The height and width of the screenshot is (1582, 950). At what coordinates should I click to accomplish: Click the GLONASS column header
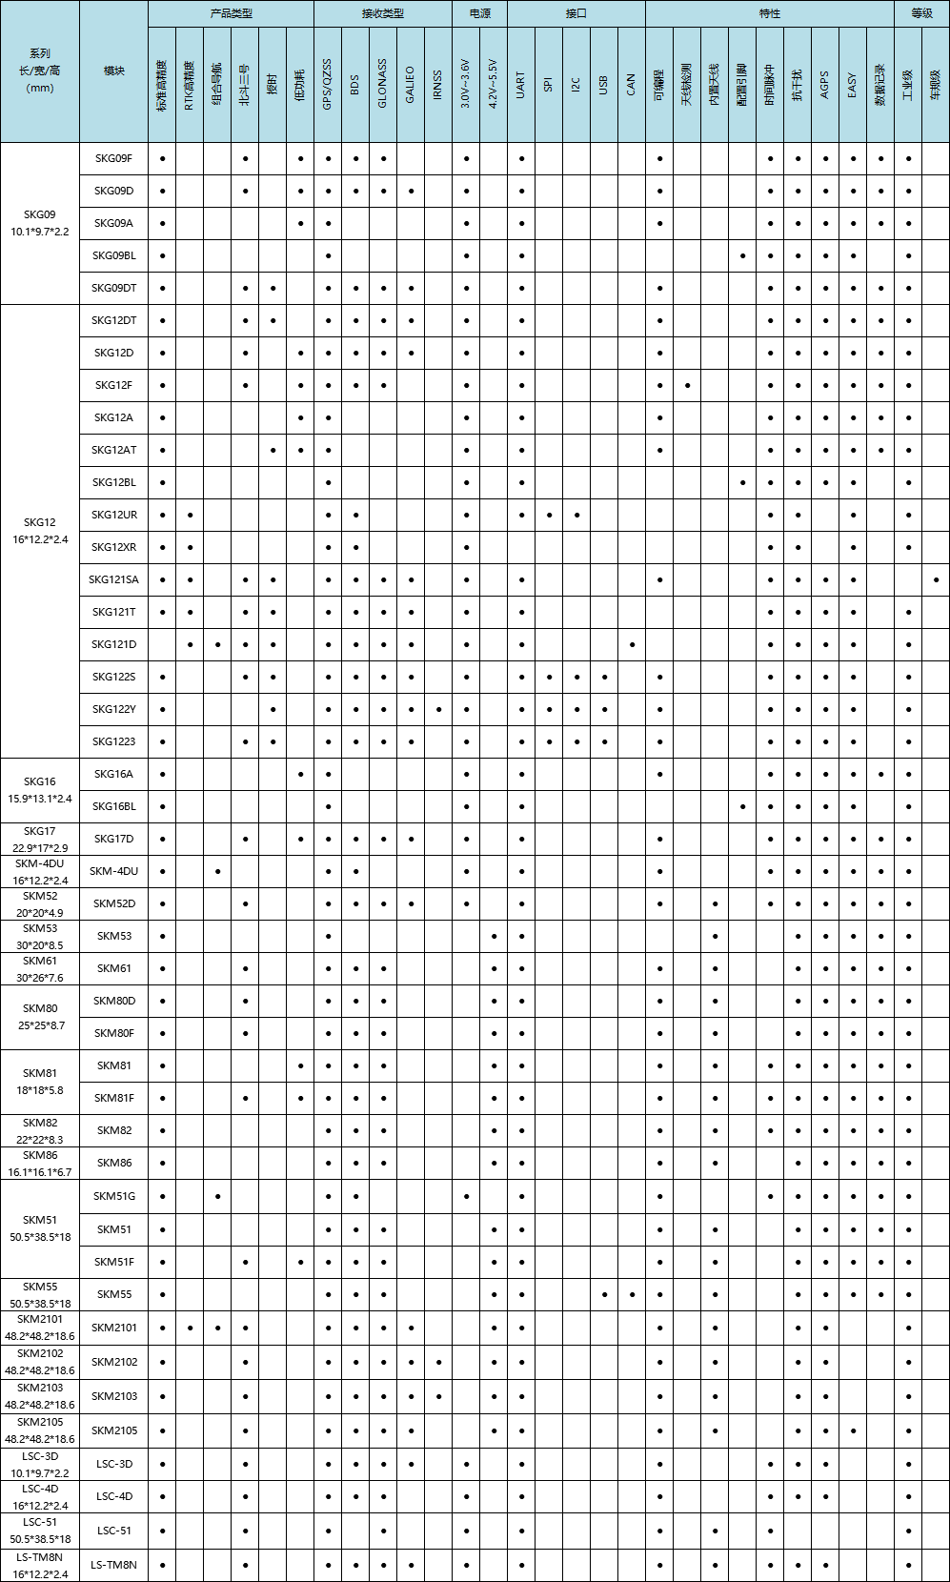(383, 85)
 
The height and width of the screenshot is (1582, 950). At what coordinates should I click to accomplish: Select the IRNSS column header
(438, 85)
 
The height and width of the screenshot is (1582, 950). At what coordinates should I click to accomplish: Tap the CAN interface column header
(632, 85)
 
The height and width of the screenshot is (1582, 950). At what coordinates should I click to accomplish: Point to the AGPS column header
(825, 85)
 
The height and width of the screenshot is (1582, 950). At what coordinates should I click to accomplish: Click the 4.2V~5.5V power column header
(494, 85)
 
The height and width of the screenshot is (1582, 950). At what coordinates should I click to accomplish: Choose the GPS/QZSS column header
(328, 85)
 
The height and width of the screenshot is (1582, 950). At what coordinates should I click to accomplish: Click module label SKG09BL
(114, 255)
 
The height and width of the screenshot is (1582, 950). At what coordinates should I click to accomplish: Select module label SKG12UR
(114, 515)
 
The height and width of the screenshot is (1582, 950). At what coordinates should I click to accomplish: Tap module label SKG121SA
(114, 579)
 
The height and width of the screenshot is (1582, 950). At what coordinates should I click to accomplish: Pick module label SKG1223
(114, 741)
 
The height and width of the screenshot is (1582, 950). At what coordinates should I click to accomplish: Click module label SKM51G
(114, 1196)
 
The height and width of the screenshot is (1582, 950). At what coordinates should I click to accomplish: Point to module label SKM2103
(114, 1396)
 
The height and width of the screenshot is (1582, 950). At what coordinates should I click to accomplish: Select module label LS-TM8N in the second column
(114, 1565)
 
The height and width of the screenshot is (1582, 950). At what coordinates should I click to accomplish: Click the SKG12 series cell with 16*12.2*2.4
(40, 531)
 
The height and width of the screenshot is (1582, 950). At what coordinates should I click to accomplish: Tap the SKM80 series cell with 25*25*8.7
(40, 1017)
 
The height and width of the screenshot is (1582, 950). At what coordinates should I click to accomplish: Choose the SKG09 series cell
(40, 223)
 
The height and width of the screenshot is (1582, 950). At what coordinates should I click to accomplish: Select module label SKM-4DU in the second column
(114, 871)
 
